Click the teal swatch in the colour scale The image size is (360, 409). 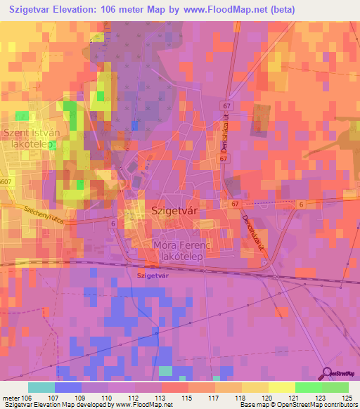[x=41, y=387]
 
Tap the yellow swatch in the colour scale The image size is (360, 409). [x=281, y=387]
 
